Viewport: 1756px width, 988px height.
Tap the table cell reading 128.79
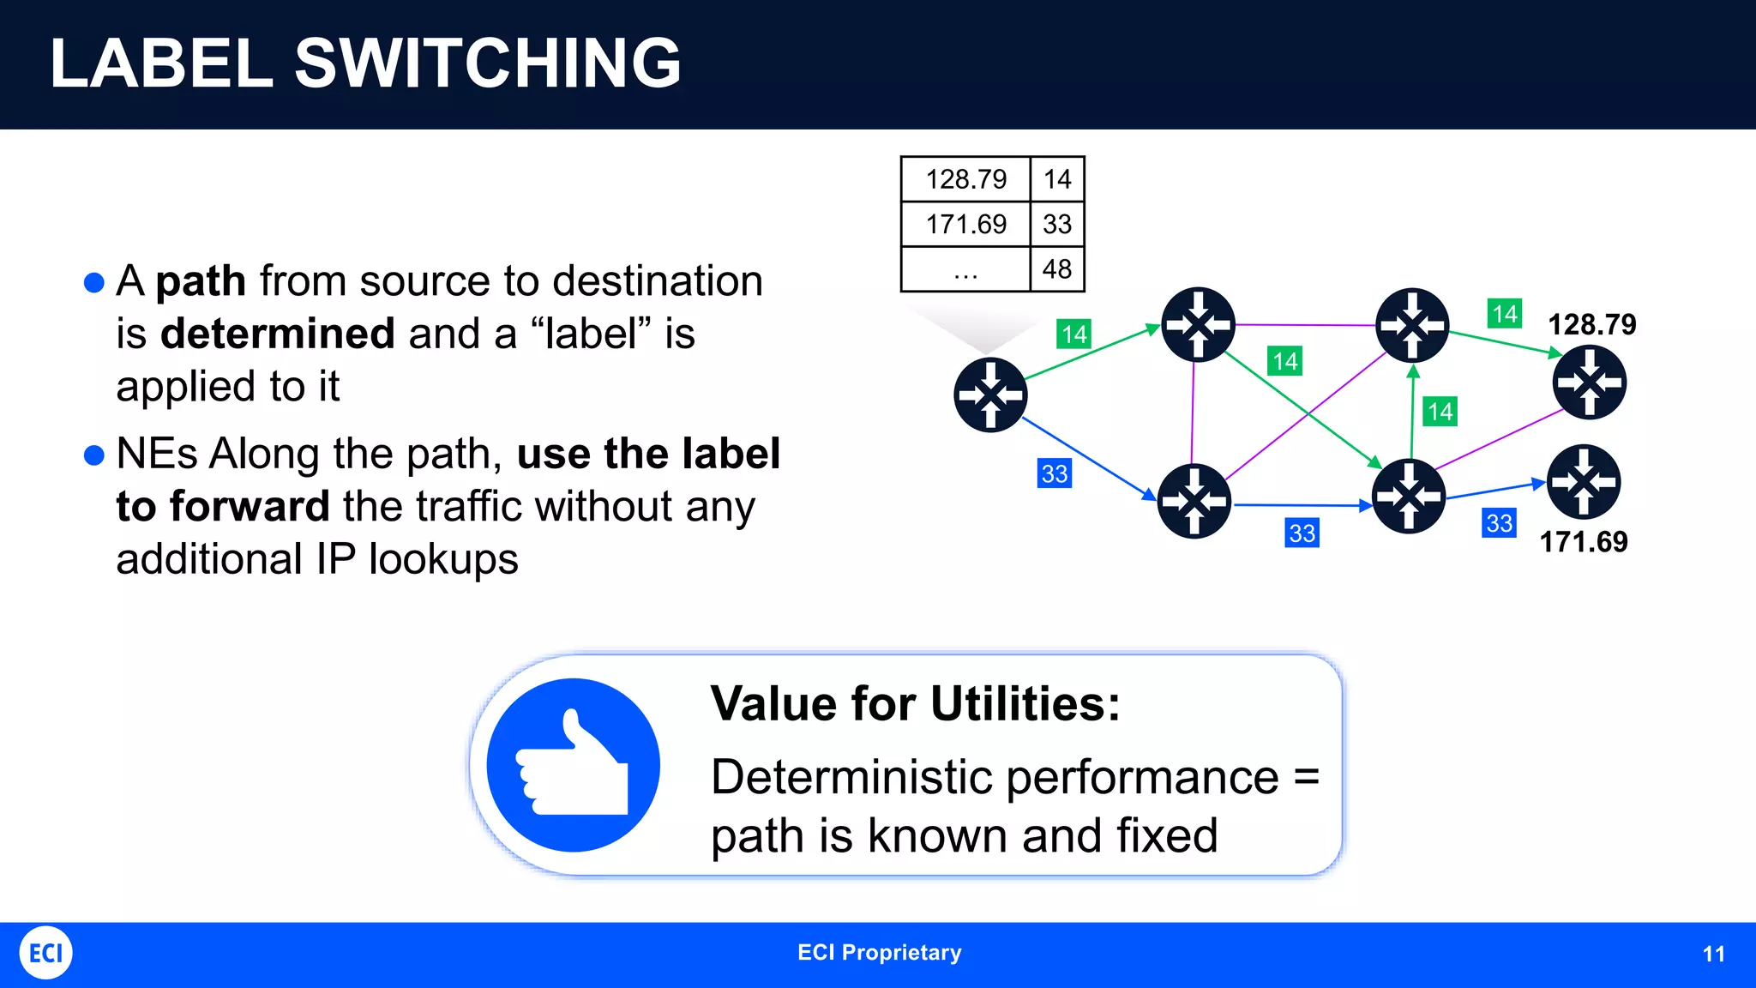(965, 179)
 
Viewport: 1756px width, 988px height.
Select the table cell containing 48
(1056, 269)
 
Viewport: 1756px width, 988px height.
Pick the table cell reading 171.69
(965, 225)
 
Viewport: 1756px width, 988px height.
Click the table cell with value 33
(1056, 225)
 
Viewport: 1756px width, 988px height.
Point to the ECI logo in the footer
(45, 953)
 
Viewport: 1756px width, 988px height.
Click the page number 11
(1713, 955)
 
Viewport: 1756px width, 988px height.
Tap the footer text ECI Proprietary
(879, 953)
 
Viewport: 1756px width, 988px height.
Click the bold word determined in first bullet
(277, 334)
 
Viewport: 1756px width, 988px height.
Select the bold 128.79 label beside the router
(1591, 325)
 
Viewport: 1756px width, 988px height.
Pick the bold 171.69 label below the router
(1583, 542)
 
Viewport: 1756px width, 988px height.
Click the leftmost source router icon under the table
(990, 395)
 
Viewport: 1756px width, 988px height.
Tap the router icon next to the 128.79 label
(1589, 383)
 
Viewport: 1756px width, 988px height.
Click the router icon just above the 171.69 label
(1583, 481)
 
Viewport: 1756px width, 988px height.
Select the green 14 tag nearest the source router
(1073, 334)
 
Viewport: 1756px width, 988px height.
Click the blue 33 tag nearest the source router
(1054, 473)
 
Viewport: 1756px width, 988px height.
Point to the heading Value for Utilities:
(915, 704)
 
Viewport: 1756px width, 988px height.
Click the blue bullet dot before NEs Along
(94, 455)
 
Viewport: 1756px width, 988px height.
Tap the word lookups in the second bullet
(443, 559)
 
